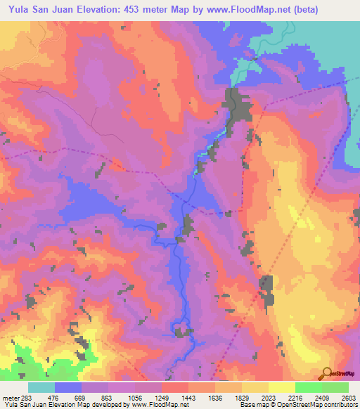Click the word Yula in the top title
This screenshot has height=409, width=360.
pos(17,10)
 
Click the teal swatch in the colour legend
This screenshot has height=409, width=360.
pos(41,387)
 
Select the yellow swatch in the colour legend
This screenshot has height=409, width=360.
pos(281,387)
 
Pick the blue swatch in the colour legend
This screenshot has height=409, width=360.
pos(68,387)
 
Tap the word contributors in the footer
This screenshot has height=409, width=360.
pos(341,405)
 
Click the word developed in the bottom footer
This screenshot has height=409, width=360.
pos(100,405)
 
